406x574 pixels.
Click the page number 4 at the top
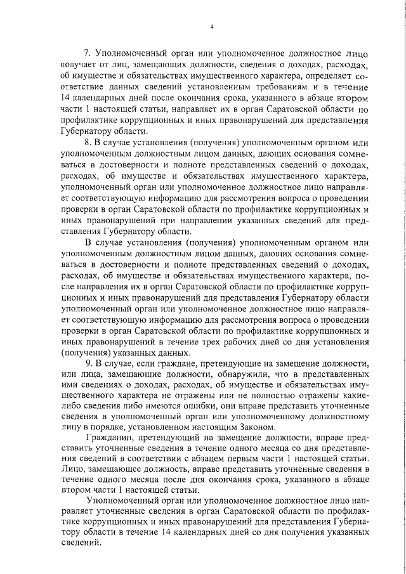tap(212, 26)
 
